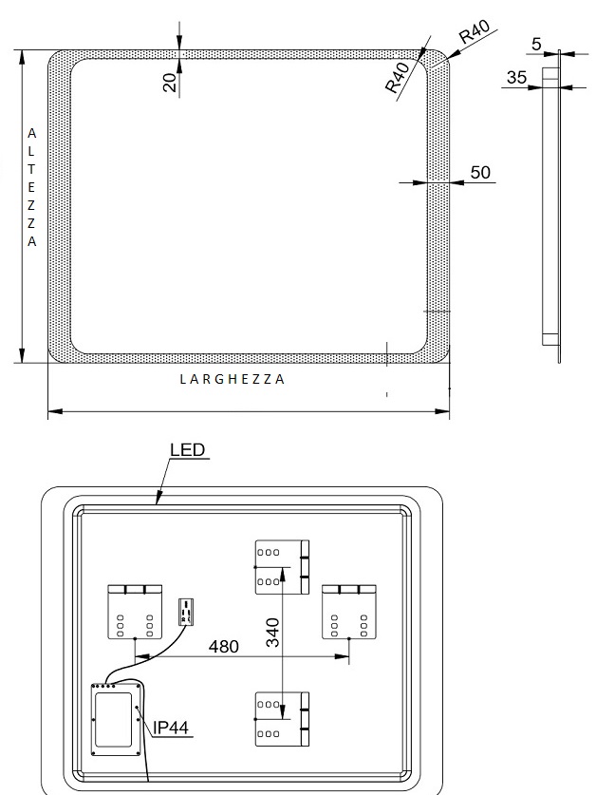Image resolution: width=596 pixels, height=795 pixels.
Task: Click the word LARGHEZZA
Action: point(233,379)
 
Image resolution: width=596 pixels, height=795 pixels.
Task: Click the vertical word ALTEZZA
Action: point(31,187)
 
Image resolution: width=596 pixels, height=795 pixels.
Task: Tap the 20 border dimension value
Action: point(170,82)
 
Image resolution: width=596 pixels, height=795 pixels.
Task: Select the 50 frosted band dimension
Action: point(480,172)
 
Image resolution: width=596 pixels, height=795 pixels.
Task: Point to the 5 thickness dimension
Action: point(536,45)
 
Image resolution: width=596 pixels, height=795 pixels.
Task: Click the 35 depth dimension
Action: point(516,78)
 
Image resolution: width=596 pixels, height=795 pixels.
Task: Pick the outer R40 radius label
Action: point(475,31)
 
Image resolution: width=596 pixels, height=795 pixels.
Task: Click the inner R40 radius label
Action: point(398,78)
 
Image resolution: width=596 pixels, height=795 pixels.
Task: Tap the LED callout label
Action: point(187,449)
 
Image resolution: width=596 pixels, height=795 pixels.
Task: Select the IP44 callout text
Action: point(171,728)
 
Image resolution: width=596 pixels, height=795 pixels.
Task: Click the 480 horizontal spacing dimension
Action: point(224,647)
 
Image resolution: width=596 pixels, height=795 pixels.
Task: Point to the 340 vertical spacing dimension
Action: point(272,633)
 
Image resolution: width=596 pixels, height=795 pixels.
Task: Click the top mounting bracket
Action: point(282,567)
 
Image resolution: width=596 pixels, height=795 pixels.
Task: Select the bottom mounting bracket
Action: point(282,719)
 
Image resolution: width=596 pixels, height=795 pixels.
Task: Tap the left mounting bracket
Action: point(135,612)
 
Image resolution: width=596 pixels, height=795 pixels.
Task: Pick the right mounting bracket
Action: point(349,612)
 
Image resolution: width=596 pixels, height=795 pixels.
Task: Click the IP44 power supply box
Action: point(116,719)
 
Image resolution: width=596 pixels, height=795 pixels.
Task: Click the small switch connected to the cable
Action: point(186,612)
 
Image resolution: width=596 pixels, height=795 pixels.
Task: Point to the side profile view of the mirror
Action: point(552,206)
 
